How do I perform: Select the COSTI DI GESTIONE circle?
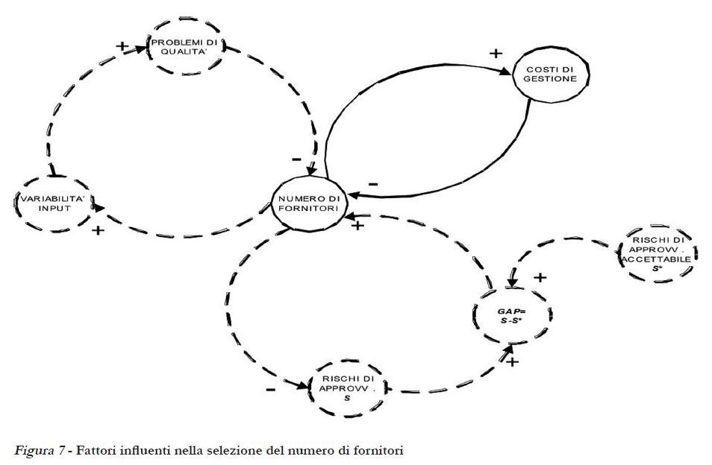click(550, 74)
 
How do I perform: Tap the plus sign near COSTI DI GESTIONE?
click(494, 53)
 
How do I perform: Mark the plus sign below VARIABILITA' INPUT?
click(98, 230)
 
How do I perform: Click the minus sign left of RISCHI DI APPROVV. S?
click(270, 390)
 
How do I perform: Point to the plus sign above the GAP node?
click(540, 277)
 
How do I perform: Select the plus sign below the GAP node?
click(513, 362)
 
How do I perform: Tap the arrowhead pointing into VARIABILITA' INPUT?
click(99, 209)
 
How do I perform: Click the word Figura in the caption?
click(32, 450)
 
